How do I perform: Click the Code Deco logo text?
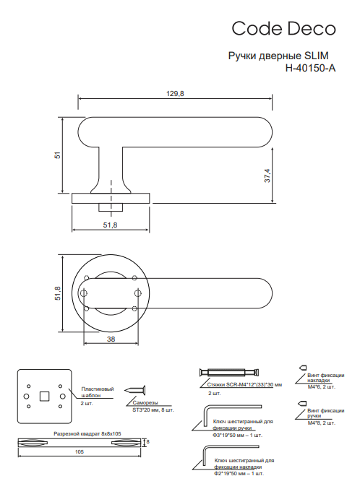pos(283,28)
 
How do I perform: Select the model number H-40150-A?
pos(310,68)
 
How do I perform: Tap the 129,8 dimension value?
pos(175,93)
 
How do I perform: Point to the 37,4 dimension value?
pos(267,176)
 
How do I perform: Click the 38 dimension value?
pos(111,339)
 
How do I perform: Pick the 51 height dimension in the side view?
pos(57,155)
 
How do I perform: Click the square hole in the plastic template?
pos(45,397)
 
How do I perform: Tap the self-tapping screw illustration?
pos(135,390)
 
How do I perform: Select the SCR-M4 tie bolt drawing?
pos(229,372)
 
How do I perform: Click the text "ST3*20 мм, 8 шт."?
pos(153,410)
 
